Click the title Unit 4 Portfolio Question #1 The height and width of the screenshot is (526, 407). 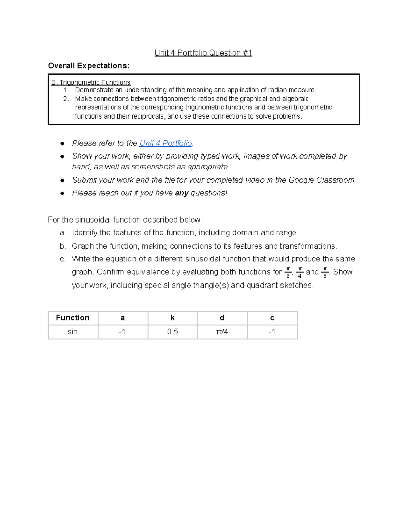click(x=203, y=53)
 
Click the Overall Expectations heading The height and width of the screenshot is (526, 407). click(x=89, y=66)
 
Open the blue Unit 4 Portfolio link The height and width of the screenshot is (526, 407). click(x=166, y=143)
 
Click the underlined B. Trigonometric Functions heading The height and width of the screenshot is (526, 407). click(x=91, y=82)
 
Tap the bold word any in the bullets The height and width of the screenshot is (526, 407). click(x=181, y=193)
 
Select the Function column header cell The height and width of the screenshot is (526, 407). click(x=73, y=318)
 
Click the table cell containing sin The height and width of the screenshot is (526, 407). click(x=73, y=332)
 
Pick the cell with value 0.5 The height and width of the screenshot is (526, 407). click(x=172, y=332)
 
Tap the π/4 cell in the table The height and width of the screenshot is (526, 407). click(x=222, y=332)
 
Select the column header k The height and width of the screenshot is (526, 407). click(x=172, y=318)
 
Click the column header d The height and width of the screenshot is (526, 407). click(x=222, y=318)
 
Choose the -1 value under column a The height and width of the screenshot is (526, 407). click(x=122, y=332)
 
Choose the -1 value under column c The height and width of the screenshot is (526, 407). click(x=272, y=332)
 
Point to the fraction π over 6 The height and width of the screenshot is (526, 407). click(x=288, y=272)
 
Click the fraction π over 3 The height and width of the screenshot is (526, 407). click(x=325, y=272)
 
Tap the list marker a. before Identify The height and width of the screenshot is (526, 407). click(x=63, y=233)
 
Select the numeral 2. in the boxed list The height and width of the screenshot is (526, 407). click(x=66, y=99)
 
